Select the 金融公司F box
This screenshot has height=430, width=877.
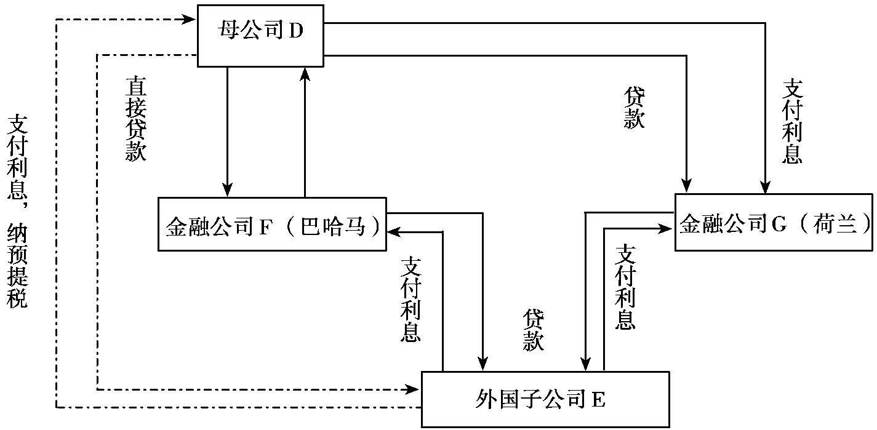(272, 224)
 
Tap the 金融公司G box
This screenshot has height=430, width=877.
(774, 222)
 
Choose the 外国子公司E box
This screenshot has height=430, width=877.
(545, 399)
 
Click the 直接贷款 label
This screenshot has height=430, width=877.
(135, 119)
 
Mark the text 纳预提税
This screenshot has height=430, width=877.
(17, 267)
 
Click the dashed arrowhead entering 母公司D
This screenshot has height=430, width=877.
(191, 20)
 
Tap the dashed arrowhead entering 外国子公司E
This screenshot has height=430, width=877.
(414, 389)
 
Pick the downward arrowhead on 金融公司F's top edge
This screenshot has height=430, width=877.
(228, 191)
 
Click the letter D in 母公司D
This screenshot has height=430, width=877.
(296, 32)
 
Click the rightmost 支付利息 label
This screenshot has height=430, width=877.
(791, 121)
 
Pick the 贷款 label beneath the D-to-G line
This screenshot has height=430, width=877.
(634, 108)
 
